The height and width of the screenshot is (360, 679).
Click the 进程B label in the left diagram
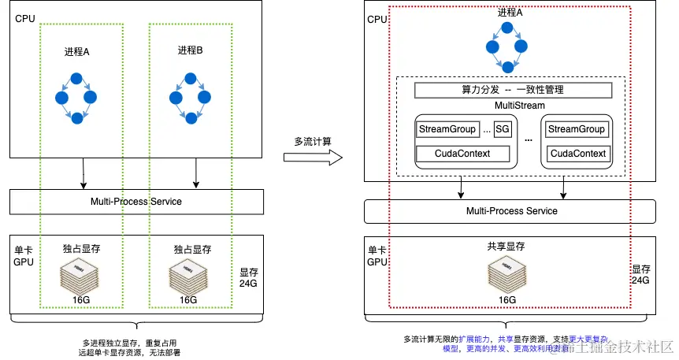point(190,50)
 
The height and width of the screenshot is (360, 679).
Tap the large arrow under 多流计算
point(313,158)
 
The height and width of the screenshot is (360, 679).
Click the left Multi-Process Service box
point(135,202)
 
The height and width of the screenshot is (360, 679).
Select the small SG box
point(502,129)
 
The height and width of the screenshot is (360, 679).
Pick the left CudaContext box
point(463,154)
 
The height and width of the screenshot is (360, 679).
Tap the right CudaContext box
point(577,154)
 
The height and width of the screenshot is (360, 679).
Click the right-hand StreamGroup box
point(577,129)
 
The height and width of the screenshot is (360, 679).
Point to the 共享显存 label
point(506,247)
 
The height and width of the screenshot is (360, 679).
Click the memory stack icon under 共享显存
point(506,273)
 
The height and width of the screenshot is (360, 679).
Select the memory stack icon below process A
point(76,274)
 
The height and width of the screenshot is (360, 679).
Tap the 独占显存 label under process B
point(191,249)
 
